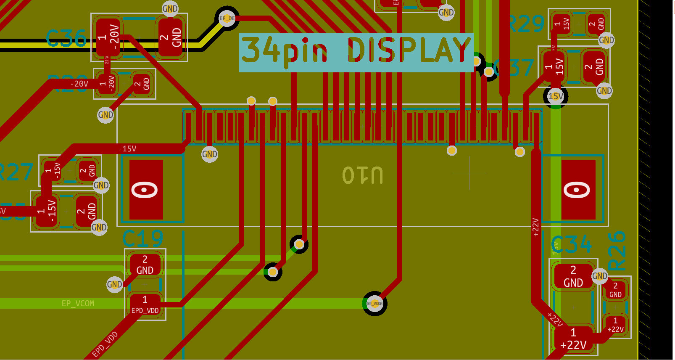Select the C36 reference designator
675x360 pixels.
66,39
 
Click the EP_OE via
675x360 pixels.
227,18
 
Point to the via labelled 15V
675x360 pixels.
556,96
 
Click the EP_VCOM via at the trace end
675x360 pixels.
374,303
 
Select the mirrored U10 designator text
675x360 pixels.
362,175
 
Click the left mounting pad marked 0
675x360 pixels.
145,190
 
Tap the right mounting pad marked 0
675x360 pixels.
578,190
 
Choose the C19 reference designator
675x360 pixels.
142,239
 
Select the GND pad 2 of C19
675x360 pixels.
145,265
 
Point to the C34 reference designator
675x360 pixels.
572,244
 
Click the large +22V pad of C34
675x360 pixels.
573,339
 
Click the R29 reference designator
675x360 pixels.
526,24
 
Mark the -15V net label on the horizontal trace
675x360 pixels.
127,149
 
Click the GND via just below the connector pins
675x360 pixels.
210,154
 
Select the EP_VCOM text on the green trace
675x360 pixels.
78,303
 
